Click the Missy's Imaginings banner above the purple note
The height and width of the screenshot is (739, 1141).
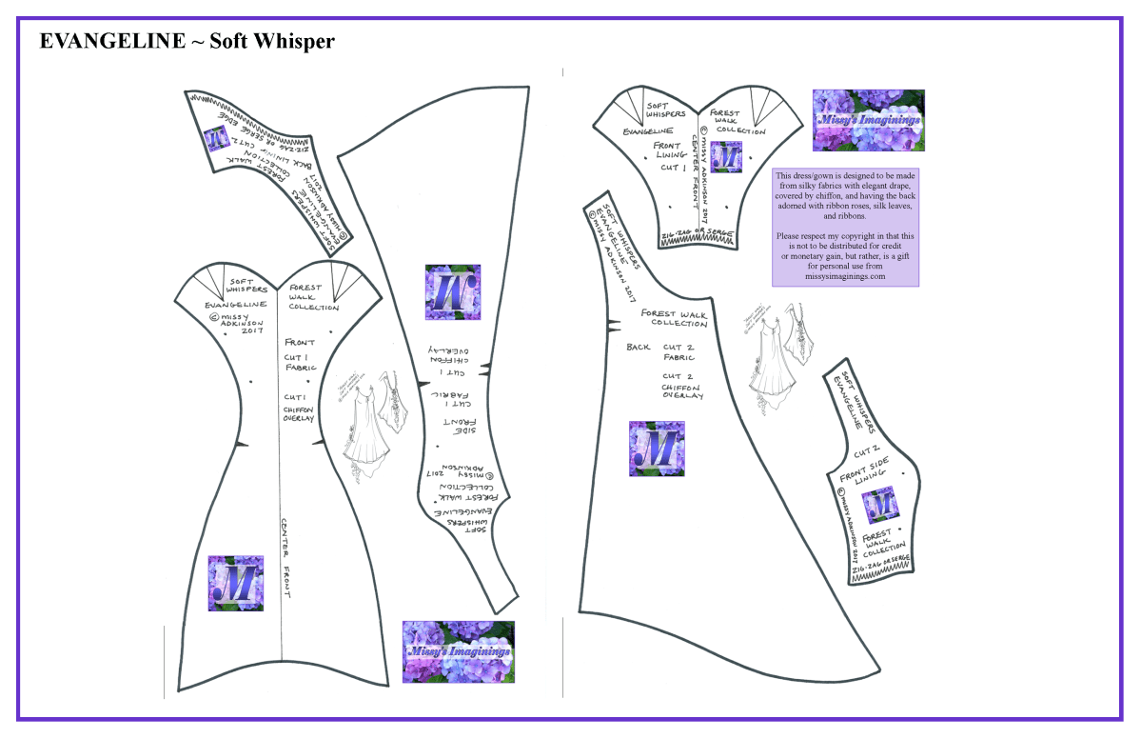point(868,121)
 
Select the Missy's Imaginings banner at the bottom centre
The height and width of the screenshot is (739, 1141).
point(458,651)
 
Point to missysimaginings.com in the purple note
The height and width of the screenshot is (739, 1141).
point(845,277)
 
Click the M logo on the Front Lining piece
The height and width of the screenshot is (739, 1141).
point(727,157)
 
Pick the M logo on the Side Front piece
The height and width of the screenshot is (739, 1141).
point(455,292)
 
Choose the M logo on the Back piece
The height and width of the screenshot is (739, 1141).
point(657,448)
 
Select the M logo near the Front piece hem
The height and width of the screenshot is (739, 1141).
point(235,583)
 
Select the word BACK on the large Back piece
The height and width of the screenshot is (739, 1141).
point(639,348)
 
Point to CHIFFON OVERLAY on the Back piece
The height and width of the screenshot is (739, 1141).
point(683,391)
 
